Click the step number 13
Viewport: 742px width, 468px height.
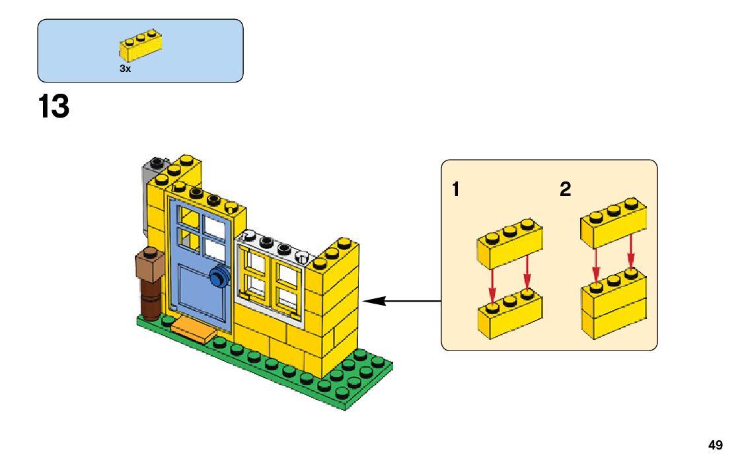pyautogui.click(x=54, y=107)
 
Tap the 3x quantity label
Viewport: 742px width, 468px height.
pyautogui.click(x=125, y=69)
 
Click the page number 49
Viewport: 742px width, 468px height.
pyautogui.click(x=715, y=446)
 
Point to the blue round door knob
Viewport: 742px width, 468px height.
pyautogui.click(x=217, y=278)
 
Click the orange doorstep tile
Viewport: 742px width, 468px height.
pyautogui.click(x=193, y=330)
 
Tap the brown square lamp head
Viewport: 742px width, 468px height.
pyautogui.click(x=149, y=264)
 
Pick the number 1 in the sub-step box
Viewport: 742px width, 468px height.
pyautogui.click(x=455, y=190)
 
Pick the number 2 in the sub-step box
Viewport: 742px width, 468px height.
pyautogui.click(x=565, y=190)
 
